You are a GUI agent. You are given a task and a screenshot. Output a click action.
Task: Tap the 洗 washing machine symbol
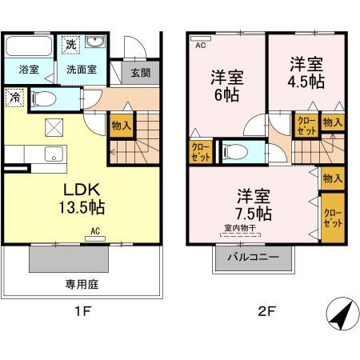click(71, 42)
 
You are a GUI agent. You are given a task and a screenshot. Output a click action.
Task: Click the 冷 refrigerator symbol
click(14, 98)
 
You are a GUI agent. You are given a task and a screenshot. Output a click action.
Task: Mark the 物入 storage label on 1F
click(122, 125)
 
